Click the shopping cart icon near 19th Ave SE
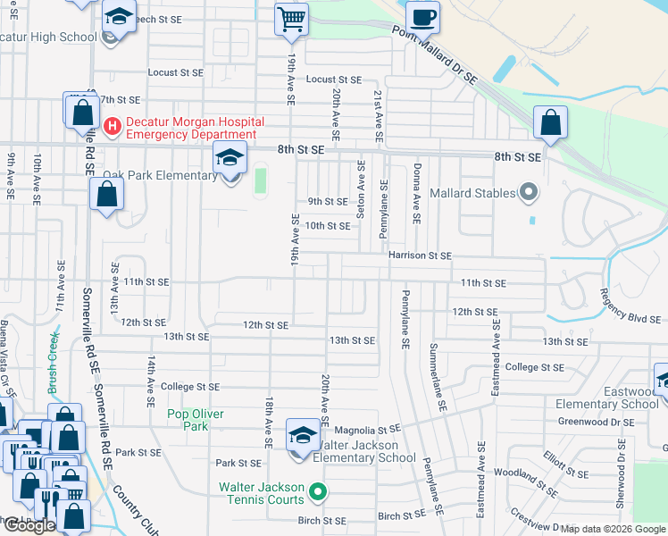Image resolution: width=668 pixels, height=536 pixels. [291, 19]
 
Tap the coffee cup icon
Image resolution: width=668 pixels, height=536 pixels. [422, 17]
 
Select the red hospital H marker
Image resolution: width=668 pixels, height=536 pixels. [113, 127]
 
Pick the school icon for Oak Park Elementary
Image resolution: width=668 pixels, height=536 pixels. [230, 160]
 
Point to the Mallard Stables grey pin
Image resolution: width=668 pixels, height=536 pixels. [528, 192]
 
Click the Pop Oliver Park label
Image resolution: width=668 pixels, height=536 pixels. [196, 420]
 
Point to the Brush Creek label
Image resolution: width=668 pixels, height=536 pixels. [53, 365]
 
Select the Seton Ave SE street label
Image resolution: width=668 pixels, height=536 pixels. [361, 190]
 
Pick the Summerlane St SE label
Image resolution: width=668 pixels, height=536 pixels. [437, 376]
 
